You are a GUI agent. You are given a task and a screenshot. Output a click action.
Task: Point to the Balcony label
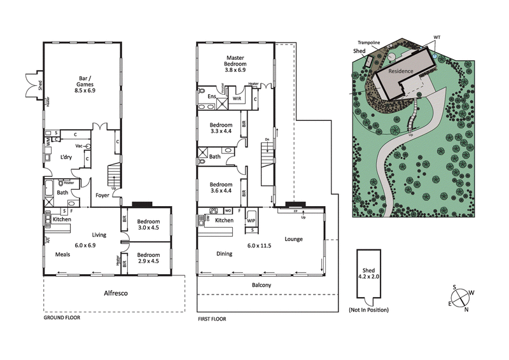(x=261, y=285)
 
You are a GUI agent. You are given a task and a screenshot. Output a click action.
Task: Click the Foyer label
(x=102, y=196)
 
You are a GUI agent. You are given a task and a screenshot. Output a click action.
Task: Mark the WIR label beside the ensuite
(x=236, y=99)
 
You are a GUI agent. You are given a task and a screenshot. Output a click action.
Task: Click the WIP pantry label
(x=251, y=221)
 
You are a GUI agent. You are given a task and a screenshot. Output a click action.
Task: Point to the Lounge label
(x=293, y=239)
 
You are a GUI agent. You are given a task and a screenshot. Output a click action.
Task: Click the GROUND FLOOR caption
(x=62, y=317)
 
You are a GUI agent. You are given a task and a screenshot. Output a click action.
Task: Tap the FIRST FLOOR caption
(x=213, y=319)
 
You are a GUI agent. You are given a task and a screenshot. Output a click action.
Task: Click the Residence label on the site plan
(x=401, y=71)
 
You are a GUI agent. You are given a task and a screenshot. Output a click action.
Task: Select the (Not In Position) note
(x=368, y=310)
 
